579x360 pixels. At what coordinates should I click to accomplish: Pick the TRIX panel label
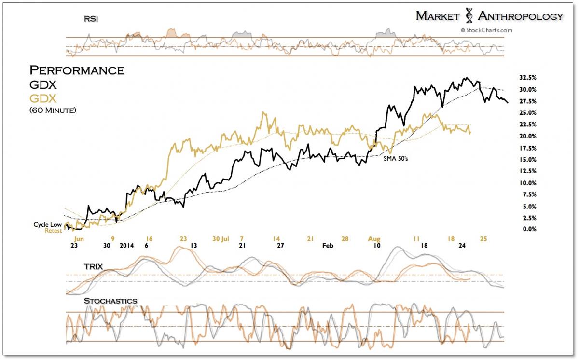pyautogui.click(x=93, y=266)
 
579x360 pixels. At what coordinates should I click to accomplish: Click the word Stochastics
pyautogui.click(x=110, y=301)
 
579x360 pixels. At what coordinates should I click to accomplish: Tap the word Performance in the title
pyautogui.click(x=77, y=70)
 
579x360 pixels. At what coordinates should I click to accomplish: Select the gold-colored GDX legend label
pyautogui.click(x=43, y=98)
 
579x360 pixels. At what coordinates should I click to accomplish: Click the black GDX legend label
pyautogui.click(x=43, y=85)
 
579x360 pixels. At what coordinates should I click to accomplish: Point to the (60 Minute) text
pyautogui.click(x=53, y=111)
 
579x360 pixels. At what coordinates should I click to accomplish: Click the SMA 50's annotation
pyautogui.click(x=396, y=158)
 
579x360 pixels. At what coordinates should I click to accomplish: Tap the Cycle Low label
pyautogui.click(x=47, y=224)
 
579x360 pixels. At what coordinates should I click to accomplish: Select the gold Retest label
pyautogui.click(x=54, y=231)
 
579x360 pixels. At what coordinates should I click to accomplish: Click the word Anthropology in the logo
pyautogui.click(x=520, y=16)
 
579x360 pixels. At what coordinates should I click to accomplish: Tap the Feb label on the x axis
pyautogui.click(x=328, y=246)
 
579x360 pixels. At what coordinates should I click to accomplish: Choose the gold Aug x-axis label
pyautogui.click(x=374, y=239)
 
